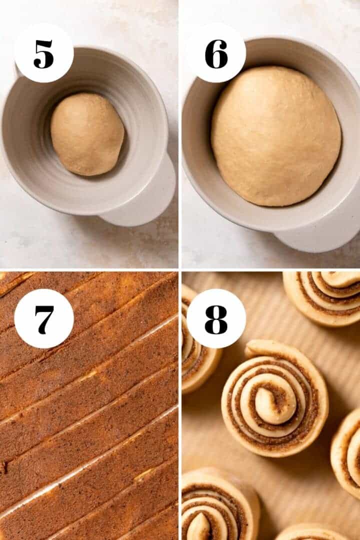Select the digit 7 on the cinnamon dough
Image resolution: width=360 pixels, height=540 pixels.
pos(43,318)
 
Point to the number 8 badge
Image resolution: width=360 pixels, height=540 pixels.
pos(216,318)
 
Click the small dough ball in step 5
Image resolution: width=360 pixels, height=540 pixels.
pos(87,134)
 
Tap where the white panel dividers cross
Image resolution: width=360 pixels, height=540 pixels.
pos(180,270)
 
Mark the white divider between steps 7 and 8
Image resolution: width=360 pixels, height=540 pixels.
pos(180,405)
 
